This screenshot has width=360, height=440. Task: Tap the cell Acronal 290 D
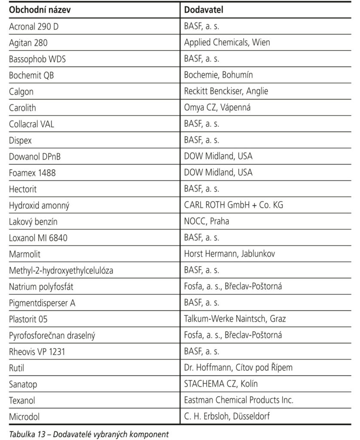coord(34,26)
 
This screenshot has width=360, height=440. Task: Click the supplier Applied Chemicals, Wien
coord(227,42)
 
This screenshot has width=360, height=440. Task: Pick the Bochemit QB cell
coord(31,75)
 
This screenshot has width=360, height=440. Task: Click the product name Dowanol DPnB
coord(35,156)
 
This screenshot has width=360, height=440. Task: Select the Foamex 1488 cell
coord(33,173)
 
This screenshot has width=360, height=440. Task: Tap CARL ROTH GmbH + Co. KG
coord(234,205)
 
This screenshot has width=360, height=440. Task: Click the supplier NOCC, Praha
coord(207,221)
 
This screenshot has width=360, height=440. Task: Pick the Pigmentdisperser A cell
coord(42,303)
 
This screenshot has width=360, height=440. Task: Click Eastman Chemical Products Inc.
coord(238,400)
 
